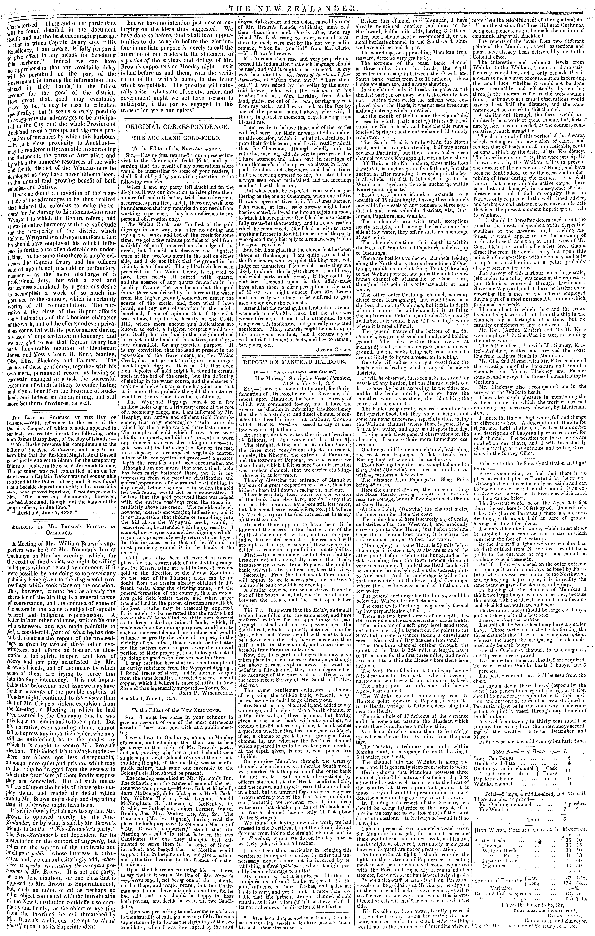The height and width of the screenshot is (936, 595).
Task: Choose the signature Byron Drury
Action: pyautogui.click(x=558, y=919)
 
